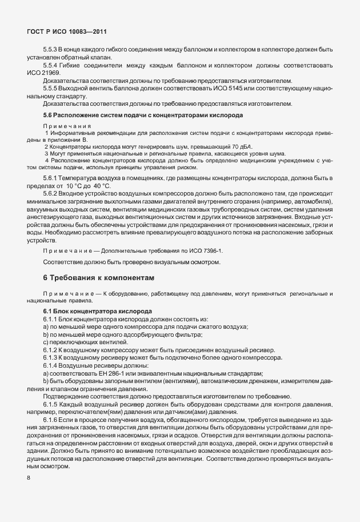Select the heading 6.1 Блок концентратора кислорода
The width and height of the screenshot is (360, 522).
[97, 311]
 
